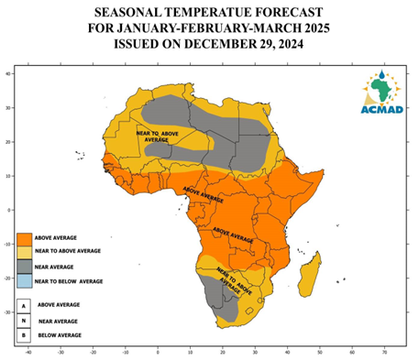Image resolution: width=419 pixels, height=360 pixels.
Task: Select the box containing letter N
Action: pos(25,321)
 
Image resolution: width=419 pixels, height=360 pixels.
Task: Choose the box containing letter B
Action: pos(25,335)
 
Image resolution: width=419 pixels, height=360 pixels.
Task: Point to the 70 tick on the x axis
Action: pos(384,351)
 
